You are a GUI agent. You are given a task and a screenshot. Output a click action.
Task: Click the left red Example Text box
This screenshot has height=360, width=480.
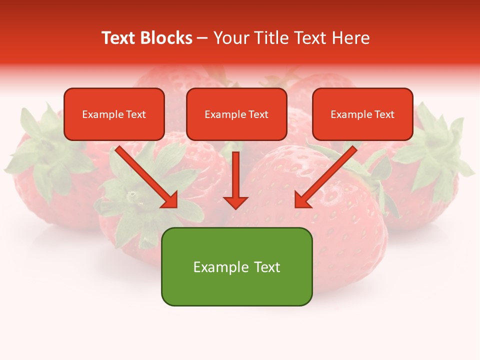(114, 114)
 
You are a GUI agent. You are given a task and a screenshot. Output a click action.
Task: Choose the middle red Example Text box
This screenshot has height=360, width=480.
(236, 114)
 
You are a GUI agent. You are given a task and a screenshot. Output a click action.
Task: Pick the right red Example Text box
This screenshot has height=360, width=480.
(362, 114)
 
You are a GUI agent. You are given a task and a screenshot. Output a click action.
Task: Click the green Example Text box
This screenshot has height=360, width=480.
(236, 266)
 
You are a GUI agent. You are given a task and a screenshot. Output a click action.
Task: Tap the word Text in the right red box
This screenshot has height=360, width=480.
(384, 114)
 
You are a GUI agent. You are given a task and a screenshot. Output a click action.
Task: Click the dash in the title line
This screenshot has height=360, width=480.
(202, 38)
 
